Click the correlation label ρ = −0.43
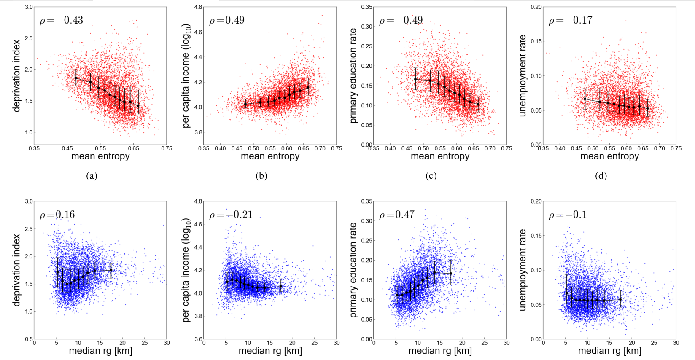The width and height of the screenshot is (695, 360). click(61, 20)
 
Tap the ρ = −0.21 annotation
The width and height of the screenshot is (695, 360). click(231, 215)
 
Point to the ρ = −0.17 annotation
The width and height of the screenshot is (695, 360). click(570, 20)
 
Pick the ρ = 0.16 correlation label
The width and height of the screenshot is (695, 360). click(57, 215)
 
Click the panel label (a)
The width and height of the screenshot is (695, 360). click(92, 176)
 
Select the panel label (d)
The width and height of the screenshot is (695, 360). click(601, 176)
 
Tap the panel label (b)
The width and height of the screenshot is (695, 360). click(261, 176)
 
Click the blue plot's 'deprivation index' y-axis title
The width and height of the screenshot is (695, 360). click(17, 270)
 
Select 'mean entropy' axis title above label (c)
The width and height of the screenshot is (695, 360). click(440, 156)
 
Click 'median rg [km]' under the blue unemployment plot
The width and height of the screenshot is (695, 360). click(609, 351)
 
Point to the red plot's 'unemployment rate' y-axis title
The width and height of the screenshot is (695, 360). click(523, 76)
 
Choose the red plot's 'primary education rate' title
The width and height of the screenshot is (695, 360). click(353, 76)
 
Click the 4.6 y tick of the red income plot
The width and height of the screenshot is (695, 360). click(197, 32)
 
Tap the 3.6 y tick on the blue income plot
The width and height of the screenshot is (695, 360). click(197, 339)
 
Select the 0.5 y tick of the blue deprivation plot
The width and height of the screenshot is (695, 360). click(29, 339)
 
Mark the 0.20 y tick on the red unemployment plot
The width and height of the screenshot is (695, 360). click(536, 7)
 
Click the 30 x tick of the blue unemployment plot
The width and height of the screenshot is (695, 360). click(676, 343)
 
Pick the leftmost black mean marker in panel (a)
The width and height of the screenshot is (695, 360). click(76, 78)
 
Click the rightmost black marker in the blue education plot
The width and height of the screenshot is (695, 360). click(451, 274)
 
